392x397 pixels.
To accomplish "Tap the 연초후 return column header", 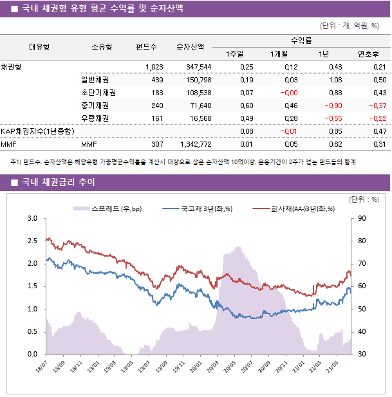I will [x=368, y=53].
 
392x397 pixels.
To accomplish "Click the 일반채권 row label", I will [x=95, y=80].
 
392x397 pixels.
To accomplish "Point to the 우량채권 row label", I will [x=95, y=118].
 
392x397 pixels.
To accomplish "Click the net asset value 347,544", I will [x=198, y=67].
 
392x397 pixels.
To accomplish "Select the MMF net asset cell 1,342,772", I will [x=194, y=143].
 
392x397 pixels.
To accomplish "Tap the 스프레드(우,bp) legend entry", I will [x=106, y=208].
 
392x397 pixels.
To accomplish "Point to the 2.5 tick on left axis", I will [x=32, y=241].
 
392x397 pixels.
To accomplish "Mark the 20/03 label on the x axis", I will [x=211, y=366].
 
